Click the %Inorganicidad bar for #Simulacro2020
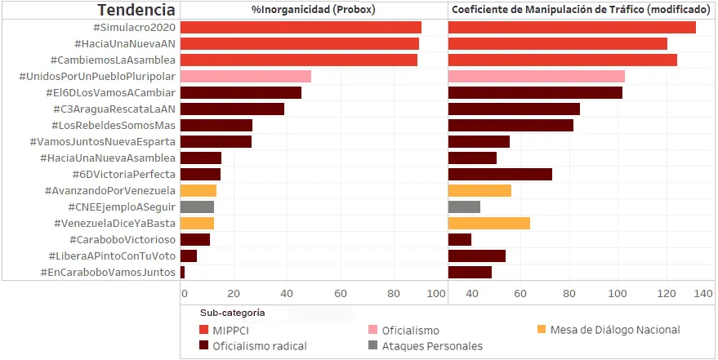tap(301, 27)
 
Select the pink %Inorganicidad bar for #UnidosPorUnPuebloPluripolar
tap(245, 76)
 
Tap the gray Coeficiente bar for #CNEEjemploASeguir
tap(464, 207)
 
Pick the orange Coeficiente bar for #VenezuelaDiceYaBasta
tap(488, 223)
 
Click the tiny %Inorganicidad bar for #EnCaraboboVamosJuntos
tap(182, 272)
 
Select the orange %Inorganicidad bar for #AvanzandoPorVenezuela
tap(198, 190)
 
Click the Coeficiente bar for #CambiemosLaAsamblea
tap(562, 60)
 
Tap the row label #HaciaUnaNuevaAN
tap(124, 43)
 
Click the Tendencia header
tap(136, 10)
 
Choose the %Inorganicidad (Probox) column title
tap(314, 10)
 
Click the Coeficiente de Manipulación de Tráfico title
tap(581, 10)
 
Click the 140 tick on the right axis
tap(701, 293)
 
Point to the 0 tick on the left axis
tap(184, 293)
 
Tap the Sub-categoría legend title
tap(233, 313)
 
